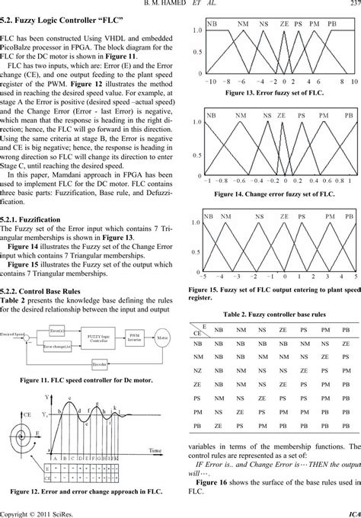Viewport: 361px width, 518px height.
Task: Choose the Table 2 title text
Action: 276,314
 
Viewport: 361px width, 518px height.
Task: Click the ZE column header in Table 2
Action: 285,331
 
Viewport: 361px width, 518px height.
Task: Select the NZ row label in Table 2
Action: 199,369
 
